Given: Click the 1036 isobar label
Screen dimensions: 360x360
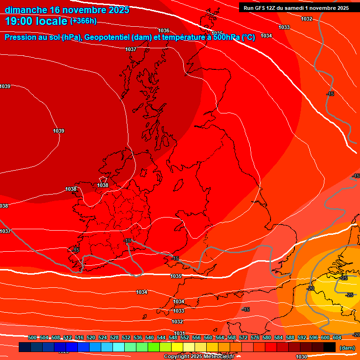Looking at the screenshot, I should pyautogui.click(x=164, y=30).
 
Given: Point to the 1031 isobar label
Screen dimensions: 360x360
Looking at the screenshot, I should pyautogui.click(x=180, y=333).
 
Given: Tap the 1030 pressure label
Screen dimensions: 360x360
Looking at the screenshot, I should pyautogui.click(x=301, y=357).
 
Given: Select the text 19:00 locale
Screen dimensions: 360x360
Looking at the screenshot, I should pyautogui.click(x=36, y=21).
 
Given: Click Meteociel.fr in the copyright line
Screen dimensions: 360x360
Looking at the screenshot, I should pyautogui.click(x=216, y=357).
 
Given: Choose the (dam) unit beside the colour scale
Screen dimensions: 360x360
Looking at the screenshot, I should pyautogui.click(x=347, y=348).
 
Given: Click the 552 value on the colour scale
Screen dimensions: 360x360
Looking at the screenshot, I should pyautogui.click(x=185, y=337).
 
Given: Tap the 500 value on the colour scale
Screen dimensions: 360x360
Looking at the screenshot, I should pyautogui.click(x=32, y=337).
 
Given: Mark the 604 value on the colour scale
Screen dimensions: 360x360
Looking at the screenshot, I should pyautogui.click(x=337, y=337).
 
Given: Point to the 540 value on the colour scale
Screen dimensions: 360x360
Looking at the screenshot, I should pyautogui.click(x=150, y=337).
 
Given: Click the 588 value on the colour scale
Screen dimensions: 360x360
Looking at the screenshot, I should pyautogui.click(x=290, y=337).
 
